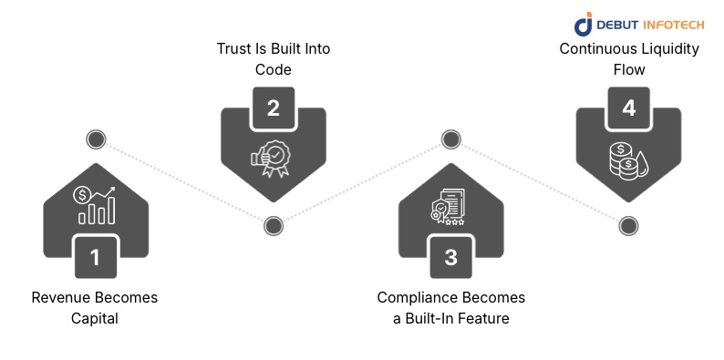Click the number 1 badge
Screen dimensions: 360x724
95,257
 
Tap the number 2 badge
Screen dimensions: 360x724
273,108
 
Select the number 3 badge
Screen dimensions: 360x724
450,257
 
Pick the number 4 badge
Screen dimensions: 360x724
628,108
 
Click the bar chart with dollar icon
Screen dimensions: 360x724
96,205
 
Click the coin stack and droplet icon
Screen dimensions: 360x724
627,160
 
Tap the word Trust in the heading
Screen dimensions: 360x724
233,49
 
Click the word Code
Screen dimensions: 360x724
273,68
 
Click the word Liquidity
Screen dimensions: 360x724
665,49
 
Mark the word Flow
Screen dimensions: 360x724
628,68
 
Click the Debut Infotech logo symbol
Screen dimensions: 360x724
583,25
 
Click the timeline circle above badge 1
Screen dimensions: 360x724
95,139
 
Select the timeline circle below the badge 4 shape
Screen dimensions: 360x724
627,225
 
